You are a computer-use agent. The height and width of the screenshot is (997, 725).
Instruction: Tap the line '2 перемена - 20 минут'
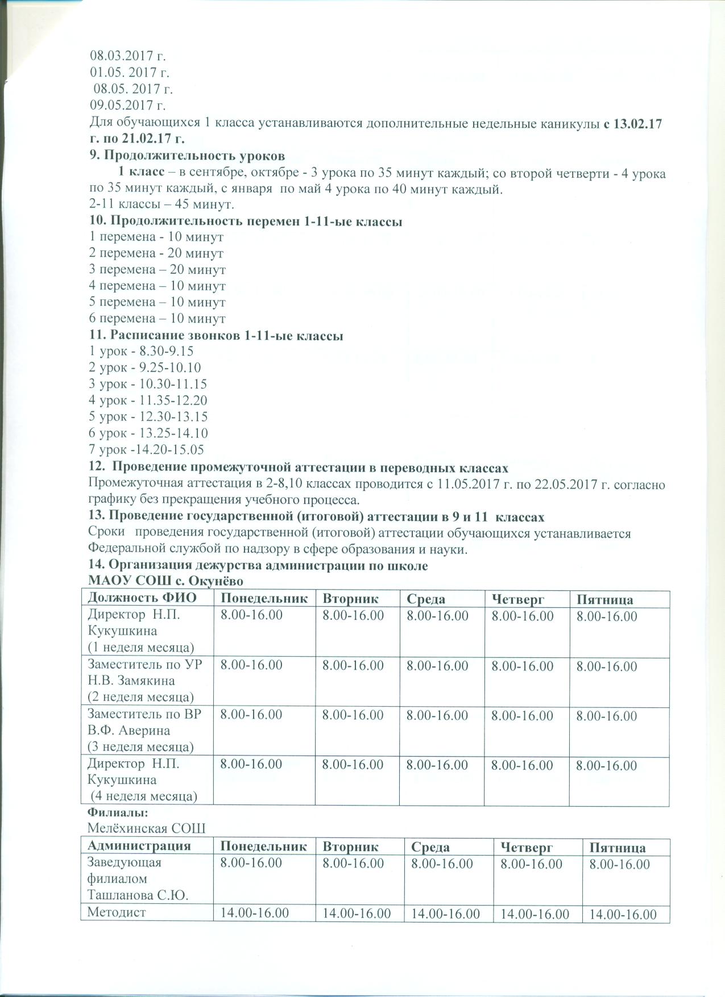(156, 253)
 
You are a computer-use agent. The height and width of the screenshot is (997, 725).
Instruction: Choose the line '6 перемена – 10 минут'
(158, 319)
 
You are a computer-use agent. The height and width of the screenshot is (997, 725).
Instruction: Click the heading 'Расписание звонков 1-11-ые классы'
(216, 336)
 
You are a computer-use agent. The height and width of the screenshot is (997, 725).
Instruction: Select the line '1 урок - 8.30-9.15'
(142, 352)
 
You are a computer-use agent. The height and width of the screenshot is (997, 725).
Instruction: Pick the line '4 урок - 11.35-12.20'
(148, 401)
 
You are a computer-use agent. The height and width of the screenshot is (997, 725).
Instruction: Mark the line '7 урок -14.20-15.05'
(147, 450)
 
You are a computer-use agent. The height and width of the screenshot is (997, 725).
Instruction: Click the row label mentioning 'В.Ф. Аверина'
(144, 730)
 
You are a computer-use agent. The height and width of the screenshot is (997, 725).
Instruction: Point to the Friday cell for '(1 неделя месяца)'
(607, 616)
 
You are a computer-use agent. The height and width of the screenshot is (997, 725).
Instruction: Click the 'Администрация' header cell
(139, 846)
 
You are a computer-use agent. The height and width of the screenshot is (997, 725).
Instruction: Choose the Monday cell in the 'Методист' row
(254, 913)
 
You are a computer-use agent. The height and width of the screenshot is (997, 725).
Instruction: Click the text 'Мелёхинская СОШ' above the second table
(146, 828)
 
